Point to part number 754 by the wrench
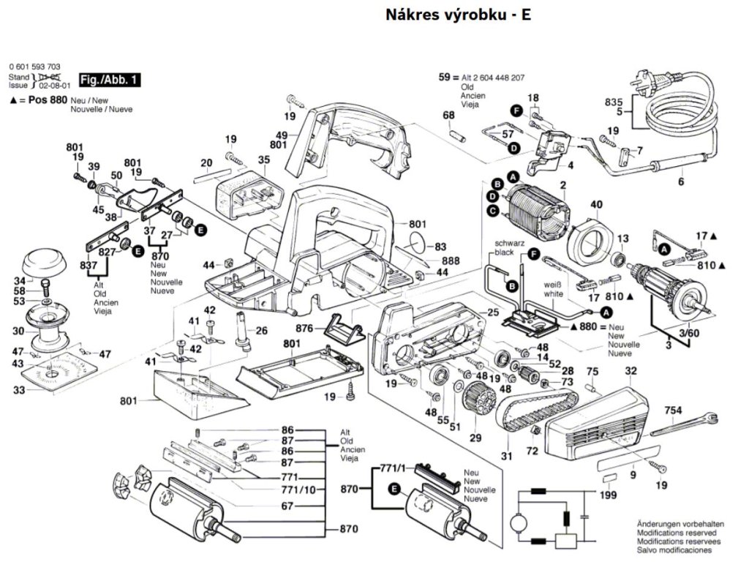(x=673, y=411)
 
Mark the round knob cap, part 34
(x=45, y=260)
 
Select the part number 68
(x=448, y=115)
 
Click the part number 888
(x=451, y=261)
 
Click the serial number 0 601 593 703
(x=35, y=65)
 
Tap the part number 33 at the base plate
(x=18, y=391)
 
